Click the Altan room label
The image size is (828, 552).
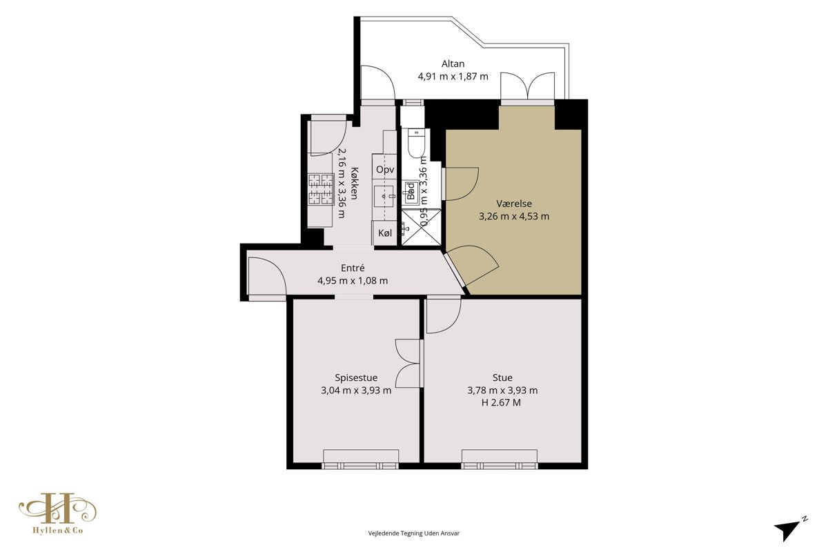453,64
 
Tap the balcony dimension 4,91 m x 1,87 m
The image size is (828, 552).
453,77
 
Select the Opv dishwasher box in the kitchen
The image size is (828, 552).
385,170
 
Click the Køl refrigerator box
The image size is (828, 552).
385,233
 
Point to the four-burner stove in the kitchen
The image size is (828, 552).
322,189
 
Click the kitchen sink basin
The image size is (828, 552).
384,196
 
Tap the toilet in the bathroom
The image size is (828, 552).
417,144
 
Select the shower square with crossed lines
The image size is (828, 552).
421,227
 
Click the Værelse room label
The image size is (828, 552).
514,204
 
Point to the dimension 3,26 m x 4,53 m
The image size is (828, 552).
514,216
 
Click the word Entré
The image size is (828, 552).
353,268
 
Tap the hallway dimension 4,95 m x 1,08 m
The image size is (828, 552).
353,281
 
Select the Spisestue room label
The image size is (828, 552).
356,378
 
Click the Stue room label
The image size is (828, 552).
502,377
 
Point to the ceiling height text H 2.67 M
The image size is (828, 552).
501,403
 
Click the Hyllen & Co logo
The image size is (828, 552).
58,513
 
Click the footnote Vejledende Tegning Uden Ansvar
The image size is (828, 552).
413,533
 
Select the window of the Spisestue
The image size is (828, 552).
360,460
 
